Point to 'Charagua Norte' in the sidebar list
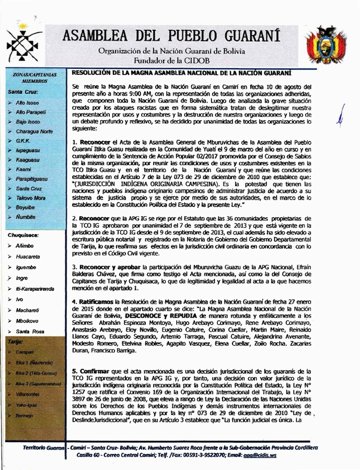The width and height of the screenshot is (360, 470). click(x=34, y=131)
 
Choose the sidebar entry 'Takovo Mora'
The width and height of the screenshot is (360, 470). click(x=31, y=198)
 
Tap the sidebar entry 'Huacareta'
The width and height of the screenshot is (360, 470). click(x=28, y=256)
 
